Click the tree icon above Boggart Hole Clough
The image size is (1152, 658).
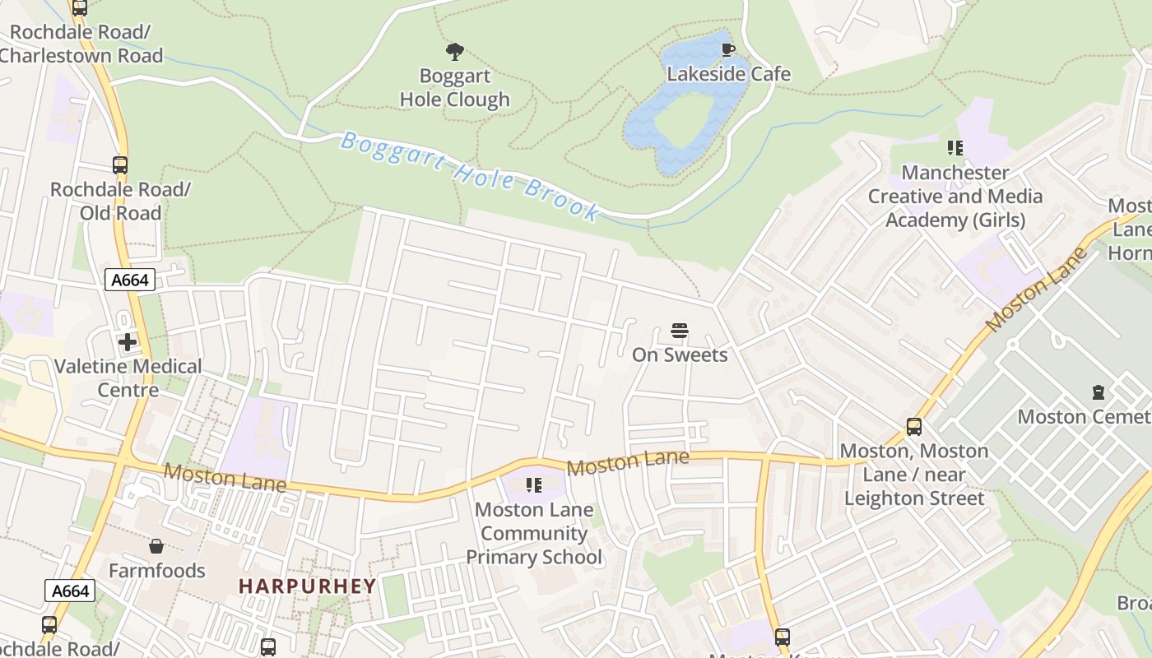coord(455,53)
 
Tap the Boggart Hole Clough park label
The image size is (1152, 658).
coord(455,88)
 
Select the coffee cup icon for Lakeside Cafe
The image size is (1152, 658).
coord(727,50)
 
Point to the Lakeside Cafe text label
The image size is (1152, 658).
coord(728,74)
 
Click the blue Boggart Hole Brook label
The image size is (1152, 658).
coord(470,176)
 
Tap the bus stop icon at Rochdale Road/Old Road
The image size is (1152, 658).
coord(120,165)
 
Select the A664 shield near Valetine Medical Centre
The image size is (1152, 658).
coord(130,280)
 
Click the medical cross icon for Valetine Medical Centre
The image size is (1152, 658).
coord(128,342)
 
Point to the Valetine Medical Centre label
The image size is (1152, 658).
coord(128,378)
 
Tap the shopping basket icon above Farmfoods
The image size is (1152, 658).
coord(156,546)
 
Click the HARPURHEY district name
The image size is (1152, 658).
coord(307,586)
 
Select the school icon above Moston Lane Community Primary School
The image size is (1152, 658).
coord(533,485)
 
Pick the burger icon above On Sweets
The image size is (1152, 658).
coord(680,331)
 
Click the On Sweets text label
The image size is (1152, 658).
coord(680,354)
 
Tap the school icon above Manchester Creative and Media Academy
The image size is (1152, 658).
coord(955,148)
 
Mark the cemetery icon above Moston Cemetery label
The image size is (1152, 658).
coord(1098,392)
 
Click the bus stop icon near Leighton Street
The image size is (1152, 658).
coord(914,427)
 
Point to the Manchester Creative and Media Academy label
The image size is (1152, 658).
coord(955,197)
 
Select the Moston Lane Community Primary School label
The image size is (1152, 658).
coord(534,533)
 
